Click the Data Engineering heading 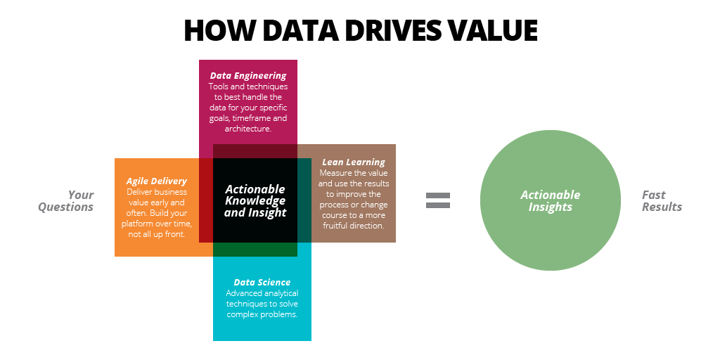coord(248,76)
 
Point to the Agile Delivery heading coord(157,181)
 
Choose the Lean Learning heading coord(354,162)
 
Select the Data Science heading coord(262,283)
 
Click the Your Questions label coord(65,200)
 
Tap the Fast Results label coord(662,200)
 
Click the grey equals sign coord(437,200)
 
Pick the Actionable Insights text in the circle coord(550,200)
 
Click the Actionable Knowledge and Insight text coord(255,200)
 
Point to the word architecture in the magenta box coord(248,129)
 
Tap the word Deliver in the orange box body coord(139,192)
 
